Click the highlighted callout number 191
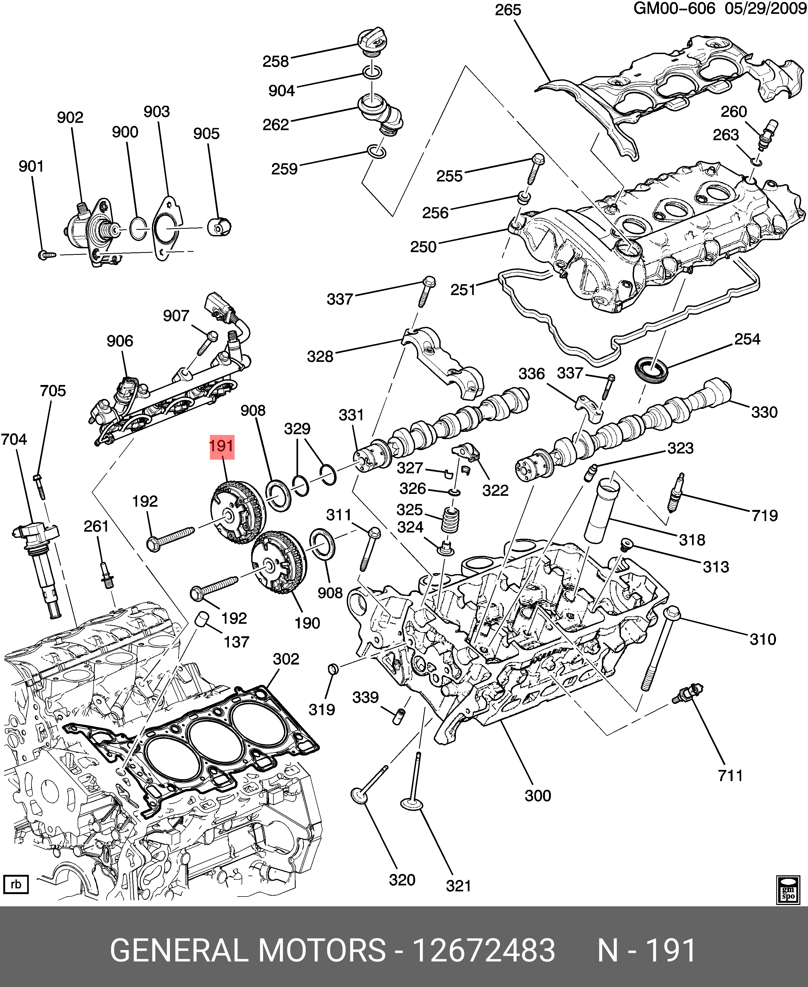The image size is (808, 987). pyautogui.click(x=222, y=446)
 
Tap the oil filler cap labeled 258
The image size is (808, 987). pyautogui.click(x=373, y=41)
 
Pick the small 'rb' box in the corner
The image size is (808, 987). pyautogui.click(x=16, y=884)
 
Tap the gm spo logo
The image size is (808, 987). pyautogui.click(x=788, y=889)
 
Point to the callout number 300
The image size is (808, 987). pyautogui.click(x=538, y=795)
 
